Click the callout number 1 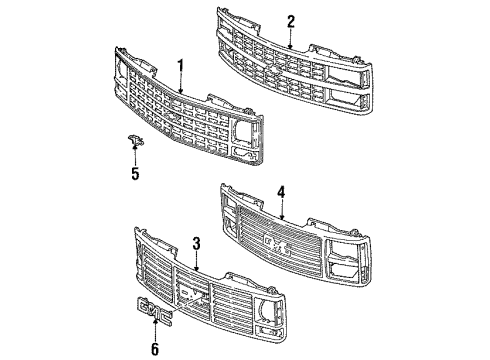click(181, 67)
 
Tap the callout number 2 click(291, 20)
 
